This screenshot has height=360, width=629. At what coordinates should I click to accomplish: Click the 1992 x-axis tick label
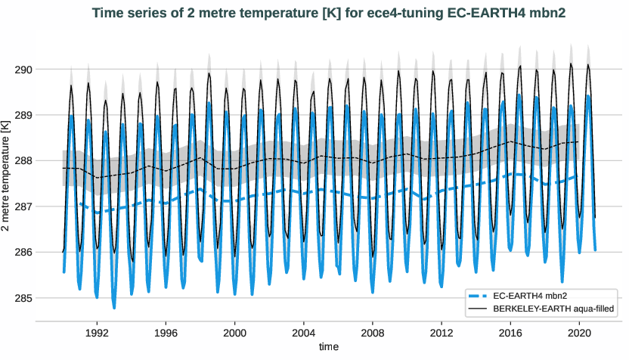pos(97,331)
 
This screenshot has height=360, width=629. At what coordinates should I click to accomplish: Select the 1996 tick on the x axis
pos(166,331)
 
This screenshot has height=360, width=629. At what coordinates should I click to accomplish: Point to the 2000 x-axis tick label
pos(235,331)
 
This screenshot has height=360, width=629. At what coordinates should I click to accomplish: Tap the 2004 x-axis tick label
pos(304,331)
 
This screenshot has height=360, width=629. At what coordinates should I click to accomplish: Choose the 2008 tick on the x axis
pos(373,331)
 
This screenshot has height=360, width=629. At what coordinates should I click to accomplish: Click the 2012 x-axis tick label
pos(442,331)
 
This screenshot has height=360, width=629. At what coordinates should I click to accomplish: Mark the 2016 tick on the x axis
pos(511,331)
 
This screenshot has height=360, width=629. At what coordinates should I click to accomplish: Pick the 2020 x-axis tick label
pos(580,331)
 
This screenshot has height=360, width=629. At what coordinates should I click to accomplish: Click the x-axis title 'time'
pos(328,346)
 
